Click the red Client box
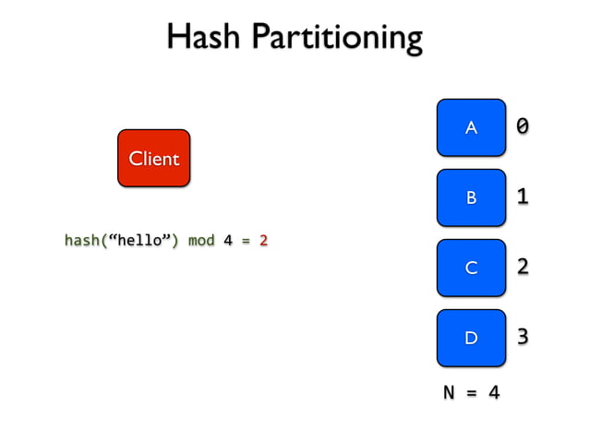point(153,159)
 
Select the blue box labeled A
point(471,127)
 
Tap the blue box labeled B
point(471,197)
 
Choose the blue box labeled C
point(471,268)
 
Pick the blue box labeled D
point(471,338)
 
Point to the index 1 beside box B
point(523,196)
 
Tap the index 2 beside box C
point(523,267)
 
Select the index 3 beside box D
point(523,337)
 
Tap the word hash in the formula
point(81,241)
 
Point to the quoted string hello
point(138,241)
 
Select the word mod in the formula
point(201,241)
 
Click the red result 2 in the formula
point(263,241)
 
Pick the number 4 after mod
point(227,241)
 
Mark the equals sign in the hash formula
point(246,241)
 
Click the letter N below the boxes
point(450,393)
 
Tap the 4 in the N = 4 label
point(494,393)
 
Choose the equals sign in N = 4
point(472,393)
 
